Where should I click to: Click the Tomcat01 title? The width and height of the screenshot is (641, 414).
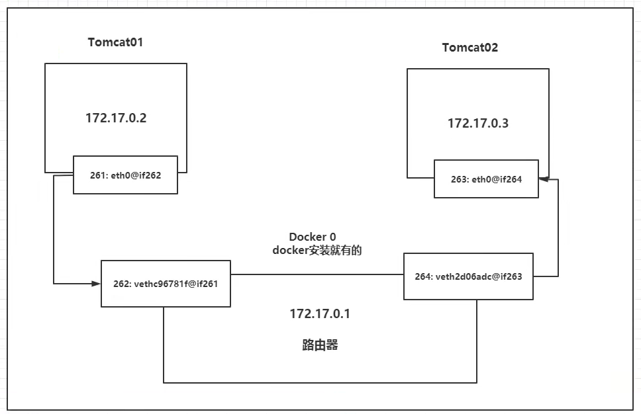pyautogui.click(x=115, y=42)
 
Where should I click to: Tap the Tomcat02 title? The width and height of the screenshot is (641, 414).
pyautogui.click(x=470, y=48)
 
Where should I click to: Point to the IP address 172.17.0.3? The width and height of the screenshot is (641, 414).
pyautogui.click(x=477, y=123)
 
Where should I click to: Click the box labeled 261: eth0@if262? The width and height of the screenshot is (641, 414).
pyautogui.click(x=125, y=175)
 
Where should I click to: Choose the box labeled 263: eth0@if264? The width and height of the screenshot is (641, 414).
pyautogui.click(x=487, y=179)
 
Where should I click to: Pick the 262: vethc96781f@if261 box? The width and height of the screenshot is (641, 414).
pyautogui.click(x=166, y=284)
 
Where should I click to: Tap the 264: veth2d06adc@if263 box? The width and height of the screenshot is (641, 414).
pyautogui.click(x=468, y=276)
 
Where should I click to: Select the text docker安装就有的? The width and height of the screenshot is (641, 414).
pyautogui.click(x=317, y=251)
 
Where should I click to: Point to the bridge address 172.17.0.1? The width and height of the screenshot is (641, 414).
pyautogui.click(x=320, y=313)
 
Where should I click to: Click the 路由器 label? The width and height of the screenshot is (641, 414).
pyautogui.click(x=320, y=345)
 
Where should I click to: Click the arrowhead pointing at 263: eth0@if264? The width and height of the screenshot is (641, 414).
pyautogui.click(x=543, y=179)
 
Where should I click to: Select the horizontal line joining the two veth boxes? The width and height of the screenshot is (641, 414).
pyautogui.click(x=317, y=274)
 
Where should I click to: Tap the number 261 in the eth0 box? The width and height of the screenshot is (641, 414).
pyautogui.click(x=97, y=175)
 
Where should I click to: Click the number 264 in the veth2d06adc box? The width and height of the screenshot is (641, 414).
pyautogui.click(x=423, y=276)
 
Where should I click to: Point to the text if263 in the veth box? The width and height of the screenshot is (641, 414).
pyautogui.click(x=511, y=276)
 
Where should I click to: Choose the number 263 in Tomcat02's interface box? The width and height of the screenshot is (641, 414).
pyautogui.click(x=459, y=179)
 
